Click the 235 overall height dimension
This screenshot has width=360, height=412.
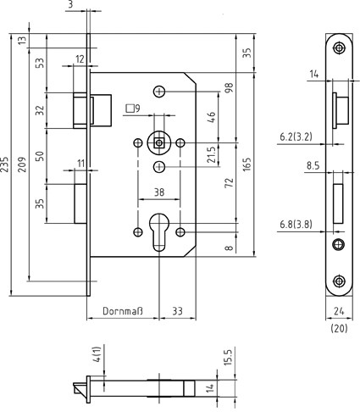point(4,164)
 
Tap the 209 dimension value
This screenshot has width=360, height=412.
point(22,164)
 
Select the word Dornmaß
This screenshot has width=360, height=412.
point(123,311)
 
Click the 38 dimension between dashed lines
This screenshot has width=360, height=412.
point(159,192)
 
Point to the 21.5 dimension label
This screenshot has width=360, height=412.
point(211,154)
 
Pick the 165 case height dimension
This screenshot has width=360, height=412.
point(246,164)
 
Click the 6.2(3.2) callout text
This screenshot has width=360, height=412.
point(296,137)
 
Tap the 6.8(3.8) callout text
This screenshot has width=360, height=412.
point(296,225)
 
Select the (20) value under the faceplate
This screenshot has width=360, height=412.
point(339,328)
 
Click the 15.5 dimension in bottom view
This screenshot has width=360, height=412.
point(228,358)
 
